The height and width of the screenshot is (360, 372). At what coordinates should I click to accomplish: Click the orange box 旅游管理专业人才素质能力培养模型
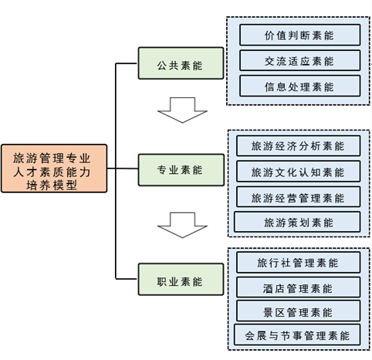click(x=54, y=168)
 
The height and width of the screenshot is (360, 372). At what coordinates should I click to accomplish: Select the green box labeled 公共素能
click(x=181, y=63)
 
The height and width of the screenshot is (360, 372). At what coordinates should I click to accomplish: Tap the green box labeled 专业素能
click(x=181, y=170)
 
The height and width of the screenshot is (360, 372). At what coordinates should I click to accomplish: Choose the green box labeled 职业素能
click(x=181, y=279)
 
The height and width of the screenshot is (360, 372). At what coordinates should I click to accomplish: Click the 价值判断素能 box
click(x=300, y=35)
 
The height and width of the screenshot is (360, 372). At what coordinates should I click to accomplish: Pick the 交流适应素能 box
click(x=300, y=60)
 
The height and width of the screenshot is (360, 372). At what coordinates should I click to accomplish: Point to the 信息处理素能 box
click(x=300, y=86)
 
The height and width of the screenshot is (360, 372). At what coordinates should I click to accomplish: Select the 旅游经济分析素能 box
click(x=299, y=146)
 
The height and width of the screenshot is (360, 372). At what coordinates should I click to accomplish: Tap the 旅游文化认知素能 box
click(x=299, y=172)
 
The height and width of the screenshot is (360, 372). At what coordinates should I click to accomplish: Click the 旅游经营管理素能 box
click(x=299, y=197)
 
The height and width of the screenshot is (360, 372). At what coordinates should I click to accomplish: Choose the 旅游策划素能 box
click(x=297, y=222)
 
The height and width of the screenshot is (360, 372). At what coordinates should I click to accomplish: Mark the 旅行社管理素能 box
click(x=299, y=263)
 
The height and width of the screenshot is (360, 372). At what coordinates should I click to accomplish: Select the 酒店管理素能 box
click(x=299, y=287)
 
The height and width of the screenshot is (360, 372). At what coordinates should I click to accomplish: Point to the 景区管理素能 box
click(x=299, y=311)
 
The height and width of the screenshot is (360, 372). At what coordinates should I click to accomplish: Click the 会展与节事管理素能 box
click(x=297, y=335)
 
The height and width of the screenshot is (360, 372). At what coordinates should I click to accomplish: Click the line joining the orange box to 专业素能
click(x=123, y=168)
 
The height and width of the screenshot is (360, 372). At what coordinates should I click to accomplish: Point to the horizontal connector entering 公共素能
click(x=127, y=63)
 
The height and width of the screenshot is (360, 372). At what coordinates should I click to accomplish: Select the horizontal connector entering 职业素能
click(x=127, y=279)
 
